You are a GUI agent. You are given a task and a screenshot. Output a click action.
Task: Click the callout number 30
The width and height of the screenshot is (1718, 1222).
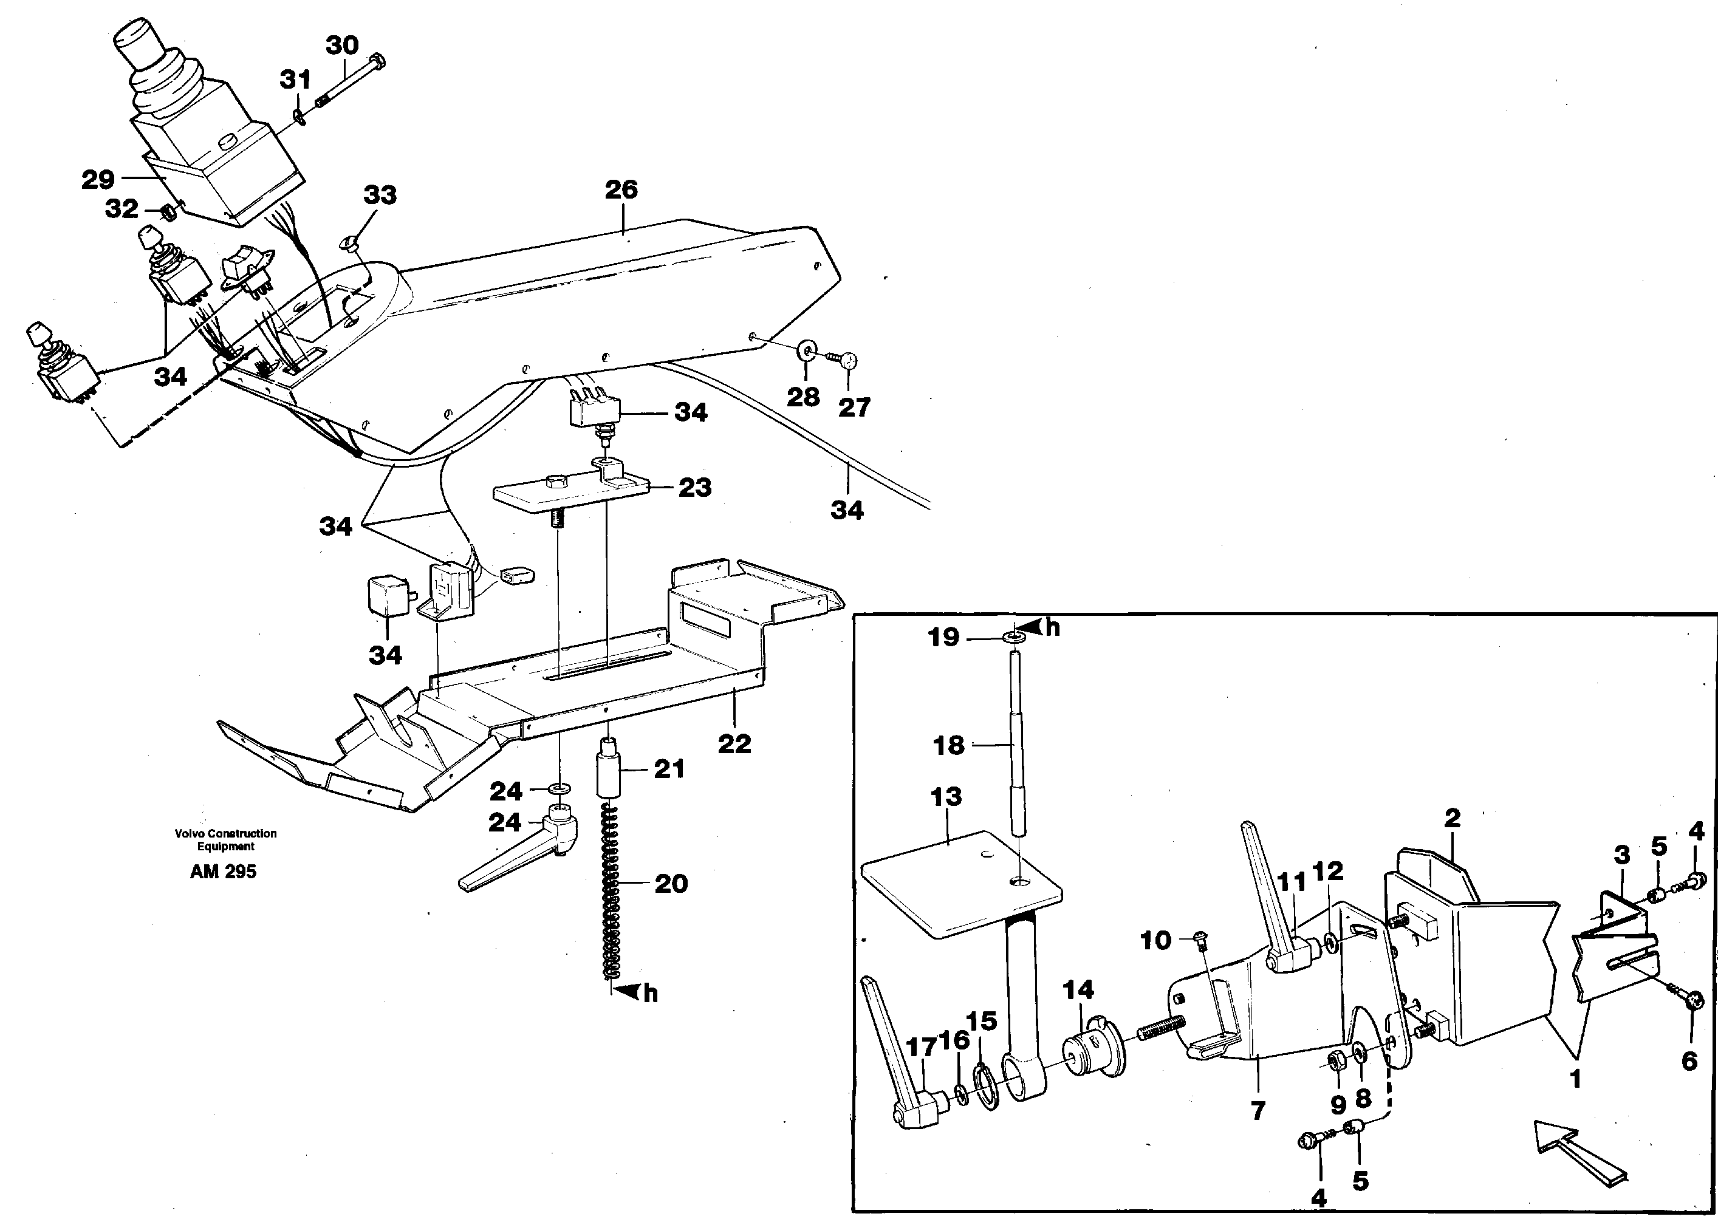341,46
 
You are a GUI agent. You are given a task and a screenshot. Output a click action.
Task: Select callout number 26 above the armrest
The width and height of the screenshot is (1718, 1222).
621,189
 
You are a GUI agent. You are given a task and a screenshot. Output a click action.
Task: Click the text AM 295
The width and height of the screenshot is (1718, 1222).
224,872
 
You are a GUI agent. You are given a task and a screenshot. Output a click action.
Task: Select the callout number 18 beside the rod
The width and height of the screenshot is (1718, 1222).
948,746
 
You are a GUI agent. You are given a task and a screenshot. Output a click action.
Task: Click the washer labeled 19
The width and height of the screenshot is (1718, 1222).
1015,638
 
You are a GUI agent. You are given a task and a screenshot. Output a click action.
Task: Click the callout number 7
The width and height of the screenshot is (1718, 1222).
1258,1110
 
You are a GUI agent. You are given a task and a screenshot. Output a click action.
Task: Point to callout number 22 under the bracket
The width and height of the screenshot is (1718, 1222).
734,743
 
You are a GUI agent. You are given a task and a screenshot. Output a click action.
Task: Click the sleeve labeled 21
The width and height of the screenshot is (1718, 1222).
609,772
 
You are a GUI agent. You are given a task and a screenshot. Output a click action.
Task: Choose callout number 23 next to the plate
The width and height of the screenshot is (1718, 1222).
694,488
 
